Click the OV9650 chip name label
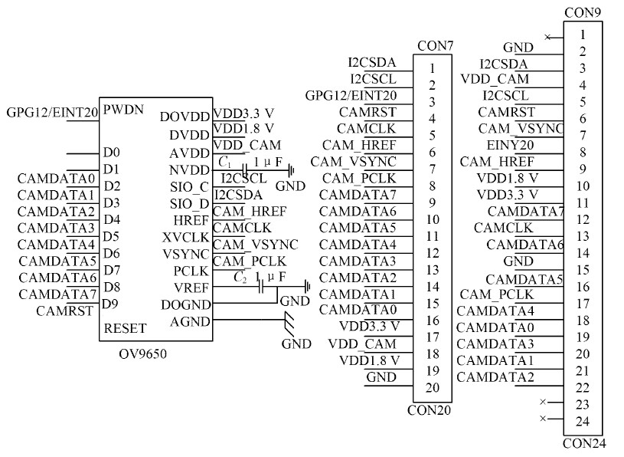[142, 353]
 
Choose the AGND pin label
[191, 321]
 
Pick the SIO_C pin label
[189, 186]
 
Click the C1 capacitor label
[224, 162]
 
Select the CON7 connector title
[435, 46]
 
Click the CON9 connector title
[582, 12]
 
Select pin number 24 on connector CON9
[583, 421]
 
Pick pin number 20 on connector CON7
[433, 387]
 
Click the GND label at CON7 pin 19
[381, 376]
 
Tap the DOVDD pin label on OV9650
[185, 117]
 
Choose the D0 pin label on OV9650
[111, 153]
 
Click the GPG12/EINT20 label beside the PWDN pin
[52, 112]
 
